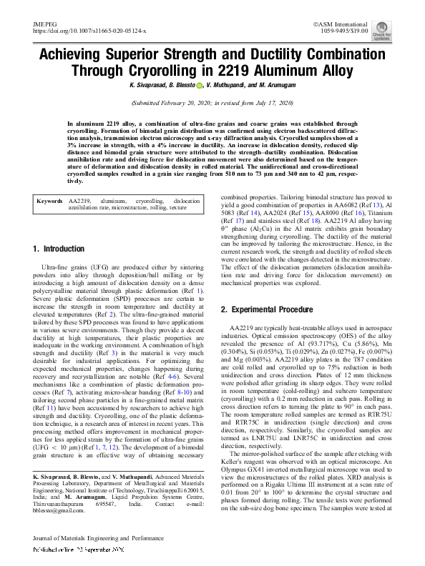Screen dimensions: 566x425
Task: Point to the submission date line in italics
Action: point(212,103)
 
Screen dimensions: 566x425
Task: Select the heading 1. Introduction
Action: point(59,249)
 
